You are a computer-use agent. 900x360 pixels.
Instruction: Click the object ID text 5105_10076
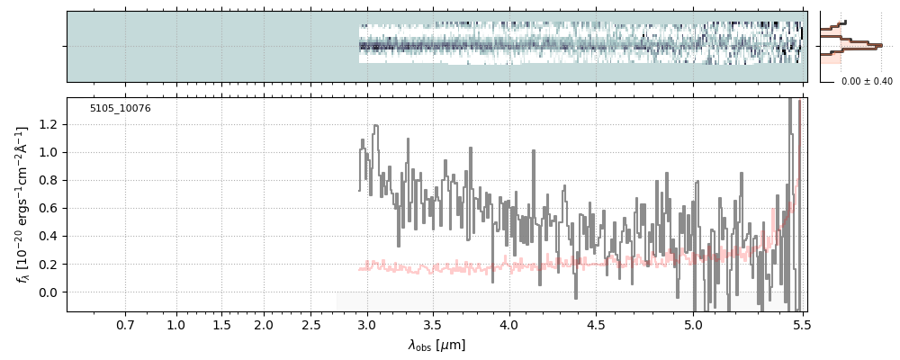[120, 109]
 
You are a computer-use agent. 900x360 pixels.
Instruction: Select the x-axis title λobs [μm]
[436, 345]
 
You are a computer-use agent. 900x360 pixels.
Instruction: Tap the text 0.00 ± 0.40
[867, 82]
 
